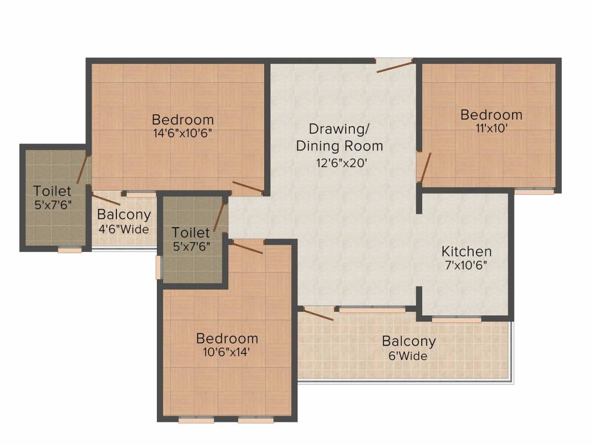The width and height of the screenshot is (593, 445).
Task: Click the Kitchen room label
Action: tap(466, 251)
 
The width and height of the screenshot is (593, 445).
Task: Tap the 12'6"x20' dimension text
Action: tap(342, 163)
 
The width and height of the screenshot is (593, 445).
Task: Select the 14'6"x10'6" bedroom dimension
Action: tap(182, 133)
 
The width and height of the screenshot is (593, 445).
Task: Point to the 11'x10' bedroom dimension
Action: tap(491, 128)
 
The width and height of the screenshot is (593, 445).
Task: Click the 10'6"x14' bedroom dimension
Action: tap(226, 352)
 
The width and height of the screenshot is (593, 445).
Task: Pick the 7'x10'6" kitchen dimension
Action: tap(466, 265)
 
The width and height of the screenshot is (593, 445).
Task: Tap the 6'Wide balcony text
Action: tap(408, 356)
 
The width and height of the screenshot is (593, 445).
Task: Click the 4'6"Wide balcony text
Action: tap(124, 229)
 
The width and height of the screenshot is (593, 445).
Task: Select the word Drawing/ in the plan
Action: tap(339, 129)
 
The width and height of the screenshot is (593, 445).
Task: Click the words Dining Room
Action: tap(339, 146)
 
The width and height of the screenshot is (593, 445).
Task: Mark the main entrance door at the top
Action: tap(394, 66)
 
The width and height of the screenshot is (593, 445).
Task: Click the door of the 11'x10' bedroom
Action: tap(426, 167)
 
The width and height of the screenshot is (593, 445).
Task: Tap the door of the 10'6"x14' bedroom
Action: tap(247, 247)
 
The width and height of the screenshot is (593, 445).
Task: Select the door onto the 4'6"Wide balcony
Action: tap(107, 199)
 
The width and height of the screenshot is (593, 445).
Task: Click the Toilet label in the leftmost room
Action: tap(52, 191)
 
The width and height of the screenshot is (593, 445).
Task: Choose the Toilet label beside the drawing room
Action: tap(191, 232)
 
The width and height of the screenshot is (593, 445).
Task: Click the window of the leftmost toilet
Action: tap(69, 250)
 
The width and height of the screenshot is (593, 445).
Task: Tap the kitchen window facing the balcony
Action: tap(456, 320)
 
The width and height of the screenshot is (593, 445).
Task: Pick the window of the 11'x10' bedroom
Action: tap(535, 191)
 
